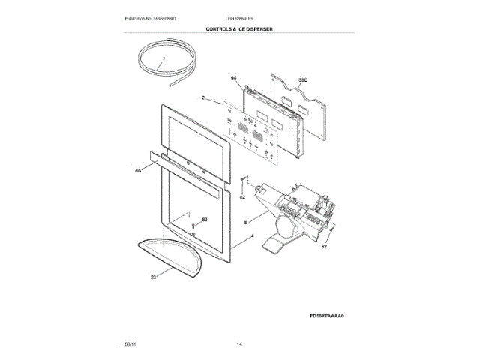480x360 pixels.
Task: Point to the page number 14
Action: click(x=239, y=343)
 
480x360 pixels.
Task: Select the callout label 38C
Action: click(x=304, y=79)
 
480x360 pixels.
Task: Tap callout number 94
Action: click(x=233, y=79)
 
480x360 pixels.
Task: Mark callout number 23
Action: click(x=153, y=277)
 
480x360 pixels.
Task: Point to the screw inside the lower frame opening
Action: click(x=193, y=226)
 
